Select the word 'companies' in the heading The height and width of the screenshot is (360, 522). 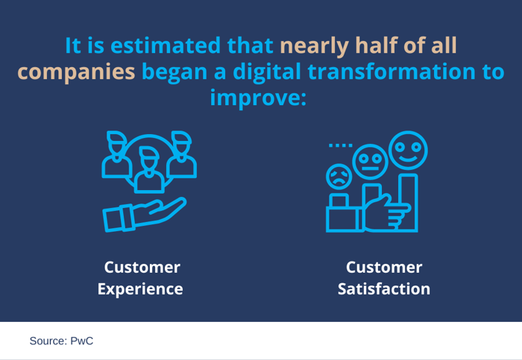point(76,72)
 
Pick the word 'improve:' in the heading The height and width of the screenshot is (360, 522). point(258,98)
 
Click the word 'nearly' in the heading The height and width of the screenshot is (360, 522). point(314,45)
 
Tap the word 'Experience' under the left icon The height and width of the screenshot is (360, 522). point(140,288)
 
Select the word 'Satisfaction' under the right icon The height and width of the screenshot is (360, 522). point(384,288)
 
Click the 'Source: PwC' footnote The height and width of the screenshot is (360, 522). point(61,341)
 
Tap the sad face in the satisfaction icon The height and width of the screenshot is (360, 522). point(339,177)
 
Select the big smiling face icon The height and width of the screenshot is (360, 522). point(407,150)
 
